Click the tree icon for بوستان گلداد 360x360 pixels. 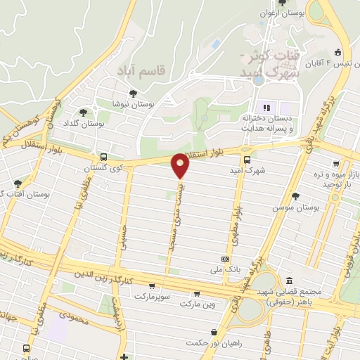pyautogui.click(x=84, y=112)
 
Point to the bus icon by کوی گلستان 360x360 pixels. pyautogui.click(x=104, y=157)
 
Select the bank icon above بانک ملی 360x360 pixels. pyautogui.click(x=224, y=259)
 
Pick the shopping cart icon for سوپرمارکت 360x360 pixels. pyautogui.click(x=153, y=285)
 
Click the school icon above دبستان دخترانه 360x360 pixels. pyautogui.click(x=266, y=108)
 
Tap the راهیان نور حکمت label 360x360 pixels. pyautogui.click(x=207, y=342)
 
